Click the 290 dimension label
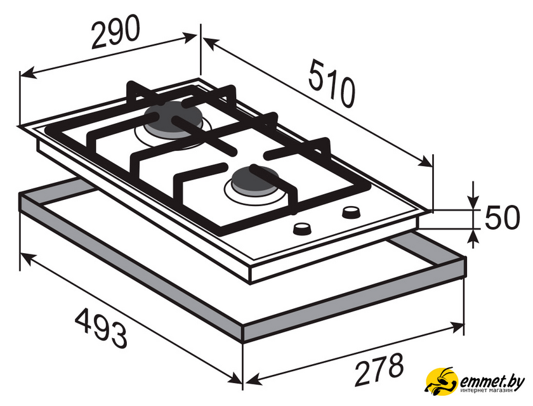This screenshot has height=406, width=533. pos(115,31)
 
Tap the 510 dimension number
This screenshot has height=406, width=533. pos(332,83)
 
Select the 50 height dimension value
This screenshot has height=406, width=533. pos(502,218)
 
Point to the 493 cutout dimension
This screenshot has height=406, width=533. pos(101,328)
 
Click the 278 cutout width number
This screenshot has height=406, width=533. pos(379,369)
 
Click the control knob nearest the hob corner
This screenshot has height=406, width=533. pos(351,213)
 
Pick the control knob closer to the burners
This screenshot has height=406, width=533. pos(301,229)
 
